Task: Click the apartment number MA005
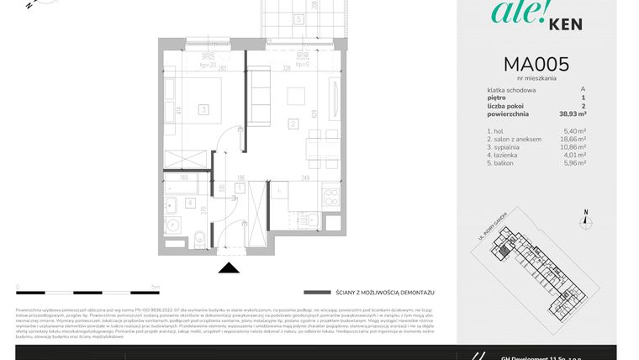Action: [x=536, y=64]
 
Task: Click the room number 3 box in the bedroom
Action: [x=203, y=109]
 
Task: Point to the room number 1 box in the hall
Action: [x=239, y=187]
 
